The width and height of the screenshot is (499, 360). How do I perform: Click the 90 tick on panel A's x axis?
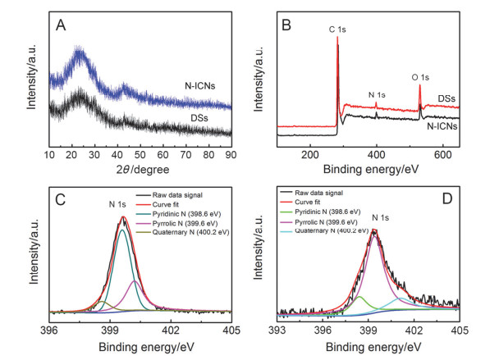[231, 153]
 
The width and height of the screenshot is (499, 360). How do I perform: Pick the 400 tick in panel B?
[377, 153]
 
